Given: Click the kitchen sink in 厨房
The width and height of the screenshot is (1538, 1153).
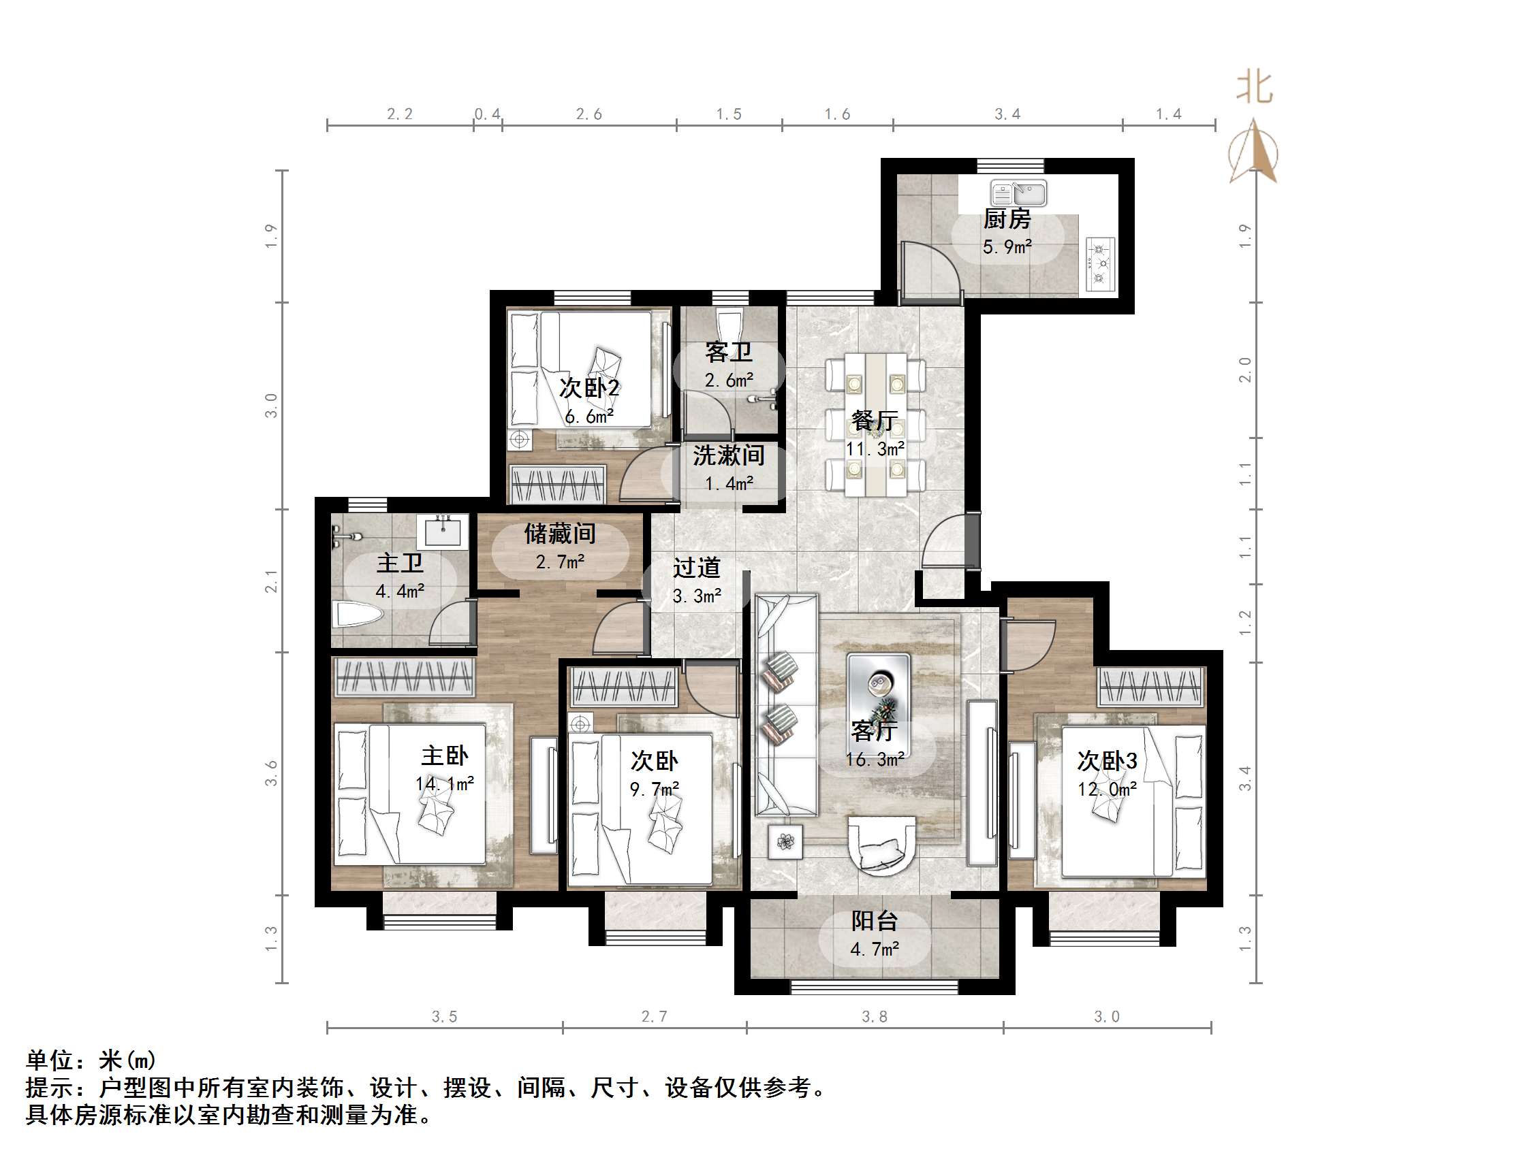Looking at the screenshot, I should [x=1018, y=193].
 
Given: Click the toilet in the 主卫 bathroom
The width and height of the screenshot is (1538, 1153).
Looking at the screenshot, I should [x=358, y=615].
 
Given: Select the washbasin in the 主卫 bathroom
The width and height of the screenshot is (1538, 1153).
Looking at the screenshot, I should [x=442, y=532].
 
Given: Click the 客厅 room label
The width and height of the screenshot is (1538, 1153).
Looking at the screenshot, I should [x=874, y=730].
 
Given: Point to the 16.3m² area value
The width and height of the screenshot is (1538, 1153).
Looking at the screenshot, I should [x=875, y=760].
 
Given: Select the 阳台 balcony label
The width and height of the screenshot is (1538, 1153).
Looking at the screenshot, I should [x=875, y=921].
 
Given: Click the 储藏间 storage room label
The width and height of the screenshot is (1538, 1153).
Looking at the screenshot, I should [x=560, y=534].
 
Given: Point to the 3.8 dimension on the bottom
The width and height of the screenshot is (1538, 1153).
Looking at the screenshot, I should [x=875, y=1017].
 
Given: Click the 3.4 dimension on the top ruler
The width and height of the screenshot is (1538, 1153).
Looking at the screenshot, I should [x=1007, y=114].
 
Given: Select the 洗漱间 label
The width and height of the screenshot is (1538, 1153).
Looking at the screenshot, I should [x=728, y=455].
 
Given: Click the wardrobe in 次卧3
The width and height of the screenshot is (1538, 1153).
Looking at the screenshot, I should [x=1150, y=687].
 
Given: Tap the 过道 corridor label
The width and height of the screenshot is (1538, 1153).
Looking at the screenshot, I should [x=696, y=568].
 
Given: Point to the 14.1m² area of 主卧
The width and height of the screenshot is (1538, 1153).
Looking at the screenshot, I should [x=445, y=784].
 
